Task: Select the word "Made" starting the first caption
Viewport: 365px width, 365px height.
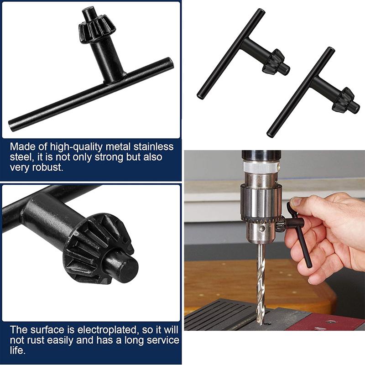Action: [x=21, y=147]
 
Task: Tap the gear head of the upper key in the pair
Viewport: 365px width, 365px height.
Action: [x=274, y=62]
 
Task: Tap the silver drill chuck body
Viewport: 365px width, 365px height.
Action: [x=260, y=201]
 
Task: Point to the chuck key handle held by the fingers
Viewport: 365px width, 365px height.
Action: [x=303, y=246]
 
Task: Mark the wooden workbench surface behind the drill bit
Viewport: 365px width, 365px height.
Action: [x=219, y=278]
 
